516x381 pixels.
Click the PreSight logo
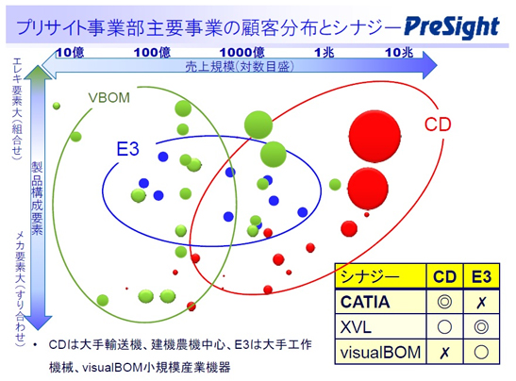[x=452, y=27]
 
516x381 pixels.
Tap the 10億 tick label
[x=70, y=52]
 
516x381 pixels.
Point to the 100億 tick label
[x=152, y=52]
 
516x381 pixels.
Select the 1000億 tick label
[x=241, y=52]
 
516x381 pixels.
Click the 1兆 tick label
[x=325, y=52]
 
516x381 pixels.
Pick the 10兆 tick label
[x=399, y=52]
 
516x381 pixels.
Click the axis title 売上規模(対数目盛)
[x=240, y=67]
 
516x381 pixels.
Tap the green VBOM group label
[x=108, y=98]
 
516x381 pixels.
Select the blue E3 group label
[x=128, y=149]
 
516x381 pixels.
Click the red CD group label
[x=438, y=124]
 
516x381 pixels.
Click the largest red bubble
[x=375, y=136]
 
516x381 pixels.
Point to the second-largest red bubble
[x=368, y=189]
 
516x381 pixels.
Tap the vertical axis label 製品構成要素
[x=37, y=198]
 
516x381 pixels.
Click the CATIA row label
[x=365, y=302]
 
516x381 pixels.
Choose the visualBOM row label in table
[x=380, y=353]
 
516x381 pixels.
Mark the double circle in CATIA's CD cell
[x=444, y=302]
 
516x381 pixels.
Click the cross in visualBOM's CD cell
[x=444, y=353]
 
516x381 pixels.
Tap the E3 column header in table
[x=481, y=276]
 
